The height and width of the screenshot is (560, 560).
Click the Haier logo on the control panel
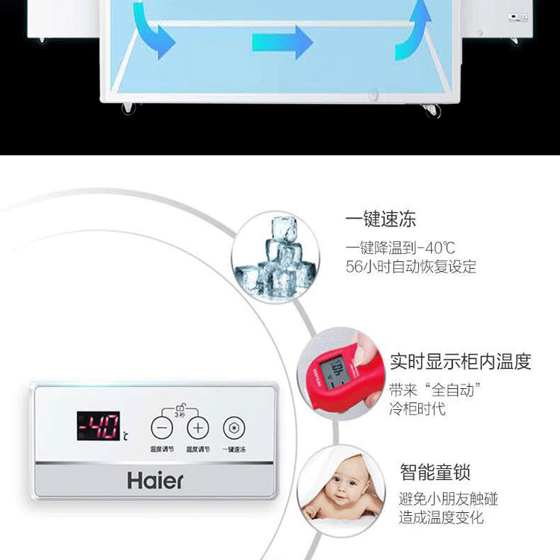(x=155, y=479)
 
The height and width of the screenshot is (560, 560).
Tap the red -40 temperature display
(x=99, y=426)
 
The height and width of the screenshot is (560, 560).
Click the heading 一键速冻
(x=381, y=220)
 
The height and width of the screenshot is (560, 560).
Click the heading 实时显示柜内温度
(x=461, y=362)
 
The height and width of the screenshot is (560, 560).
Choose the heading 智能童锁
(x=435, y=472)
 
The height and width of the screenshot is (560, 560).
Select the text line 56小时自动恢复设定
(x=411, y=267)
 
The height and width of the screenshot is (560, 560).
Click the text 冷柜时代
(x=417, y=408)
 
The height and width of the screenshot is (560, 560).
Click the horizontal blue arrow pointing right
(x=282, y=41)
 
